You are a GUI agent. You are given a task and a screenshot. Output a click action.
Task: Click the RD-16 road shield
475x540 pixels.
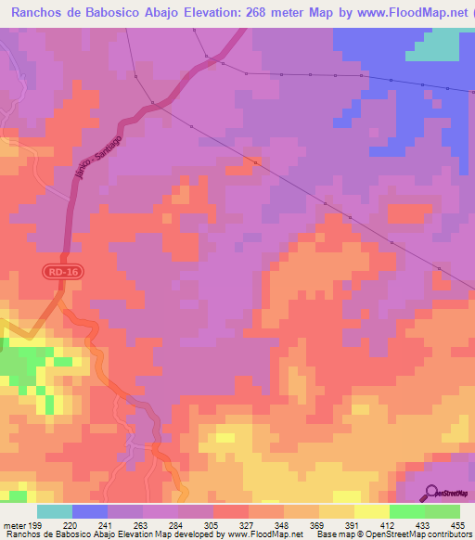57,272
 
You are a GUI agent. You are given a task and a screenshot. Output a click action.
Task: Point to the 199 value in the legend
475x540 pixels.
36,524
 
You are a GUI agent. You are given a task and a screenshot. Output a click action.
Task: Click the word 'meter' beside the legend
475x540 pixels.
13,524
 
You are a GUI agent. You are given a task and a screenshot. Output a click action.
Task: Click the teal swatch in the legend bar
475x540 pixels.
55,511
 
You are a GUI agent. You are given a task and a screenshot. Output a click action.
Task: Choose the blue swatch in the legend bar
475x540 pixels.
89,511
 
